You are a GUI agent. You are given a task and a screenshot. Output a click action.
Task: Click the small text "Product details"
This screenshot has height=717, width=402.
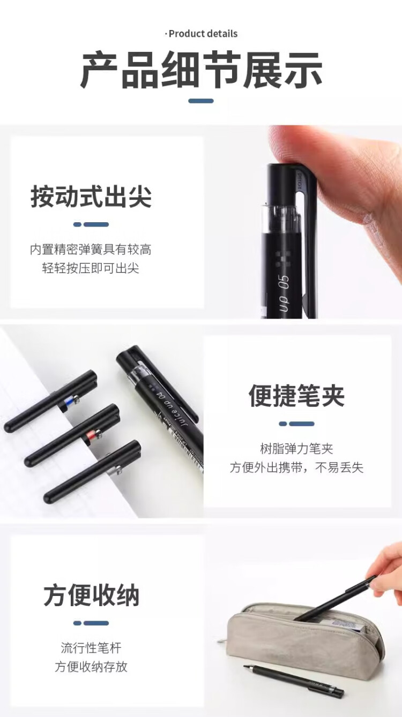click(202, 34)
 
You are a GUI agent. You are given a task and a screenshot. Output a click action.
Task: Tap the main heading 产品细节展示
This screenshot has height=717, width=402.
click(201, 70)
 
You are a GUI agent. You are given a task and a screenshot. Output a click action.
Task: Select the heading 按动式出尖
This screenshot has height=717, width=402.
click(91, 197)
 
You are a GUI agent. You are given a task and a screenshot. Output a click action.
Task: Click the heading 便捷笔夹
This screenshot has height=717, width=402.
click(296, 396)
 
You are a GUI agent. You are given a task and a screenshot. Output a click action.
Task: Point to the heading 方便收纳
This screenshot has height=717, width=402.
click(91, 595)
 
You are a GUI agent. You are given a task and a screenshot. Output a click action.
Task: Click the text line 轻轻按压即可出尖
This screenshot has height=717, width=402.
click(91, 268)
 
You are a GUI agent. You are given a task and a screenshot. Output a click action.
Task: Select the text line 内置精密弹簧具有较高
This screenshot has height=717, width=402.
click(91, 250)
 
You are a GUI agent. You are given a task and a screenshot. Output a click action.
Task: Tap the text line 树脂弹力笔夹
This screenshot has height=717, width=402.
click(296, 449)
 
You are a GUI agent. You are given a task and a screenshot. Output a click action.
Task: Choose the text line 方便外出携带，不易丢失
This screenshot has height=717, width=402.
click(296, 467)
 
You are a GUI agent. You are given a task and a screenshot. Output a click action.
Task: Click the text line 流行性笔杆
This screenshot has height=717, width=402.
click(91, 648)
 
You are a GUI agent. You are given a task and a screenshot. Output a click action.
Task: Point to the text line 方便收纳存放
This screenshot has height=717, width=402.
click(91, 667)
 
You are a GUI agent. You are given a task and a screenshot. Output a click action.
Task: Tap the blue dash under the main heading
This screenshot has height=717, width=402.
click(201, 101)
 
